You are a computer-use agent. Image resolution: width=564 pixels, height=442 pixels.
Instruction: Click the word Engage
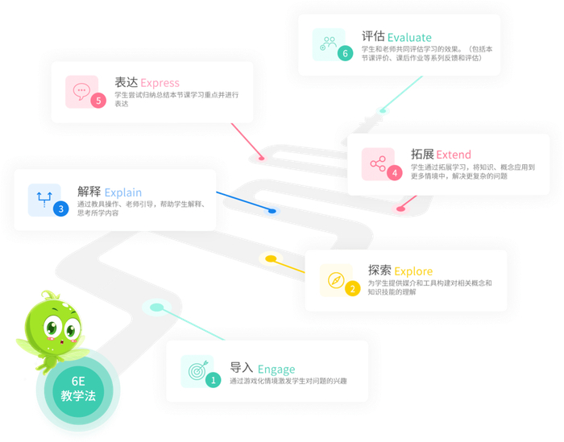tap(276, 370)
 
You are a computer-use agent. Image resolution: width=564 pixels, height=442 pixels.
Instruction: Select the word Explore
tap(413, 271)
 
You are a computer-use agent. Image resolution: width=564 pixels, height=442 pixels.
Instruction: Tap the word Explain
tap(122, 192)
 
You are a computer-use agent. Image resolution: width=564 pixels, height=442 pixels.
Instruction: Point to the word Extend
tap(454, 155)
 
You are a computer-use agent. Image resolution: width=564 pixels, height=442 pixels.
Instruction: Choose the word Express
tap(160, 83)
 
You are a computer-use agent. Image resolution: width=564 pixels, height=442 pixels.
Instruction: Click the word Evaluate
tap(409, 37)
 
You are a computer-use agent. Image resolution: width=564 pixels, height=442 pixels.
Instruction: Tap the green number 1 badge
tap(213, 379)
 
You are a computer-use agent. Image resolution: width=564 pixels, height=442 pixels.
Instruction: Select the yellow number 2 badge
tap(352, 288)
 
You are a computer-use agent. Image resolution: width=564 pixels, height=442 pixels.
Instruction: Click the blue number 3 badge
tap(60, 209)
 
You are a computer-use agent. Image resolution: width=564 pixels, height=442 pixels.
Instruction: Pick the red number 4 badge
tap(394, 172)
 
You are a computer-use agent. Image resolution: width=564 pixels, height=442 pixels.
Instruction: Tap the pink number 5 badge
tap(98, 101)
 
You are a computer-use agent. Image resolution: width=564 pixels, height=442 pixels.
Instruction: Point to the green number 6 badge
tap(345, 54)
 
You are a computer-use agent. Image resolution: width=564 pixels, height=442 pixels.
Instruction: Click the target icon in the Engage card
tap(197, 370)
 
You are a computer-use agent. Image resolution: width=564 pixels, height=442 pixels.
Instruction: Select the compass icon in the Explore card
tap(336, 280)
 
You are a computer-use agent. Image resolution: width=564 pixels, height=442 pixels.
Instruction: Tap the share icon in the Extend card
tap(378, 163)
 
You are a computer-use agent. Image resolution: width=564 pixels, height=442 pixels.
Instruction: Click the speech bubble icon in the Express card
tap(81, 91)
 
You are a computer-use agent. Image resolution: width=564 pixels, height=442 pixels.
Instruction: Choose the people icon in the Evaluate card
tap(329, 43)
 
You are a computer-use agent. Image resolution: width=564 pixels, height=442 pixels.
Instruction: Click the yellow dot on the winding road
tap(271, 258)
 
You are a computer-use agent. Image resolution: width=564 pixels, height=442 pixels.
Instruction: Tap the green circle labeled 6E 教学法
tap(78, 389)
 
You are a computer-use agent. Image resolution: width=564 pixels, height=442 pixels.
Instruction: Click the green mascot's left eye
tap(52, 328)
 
